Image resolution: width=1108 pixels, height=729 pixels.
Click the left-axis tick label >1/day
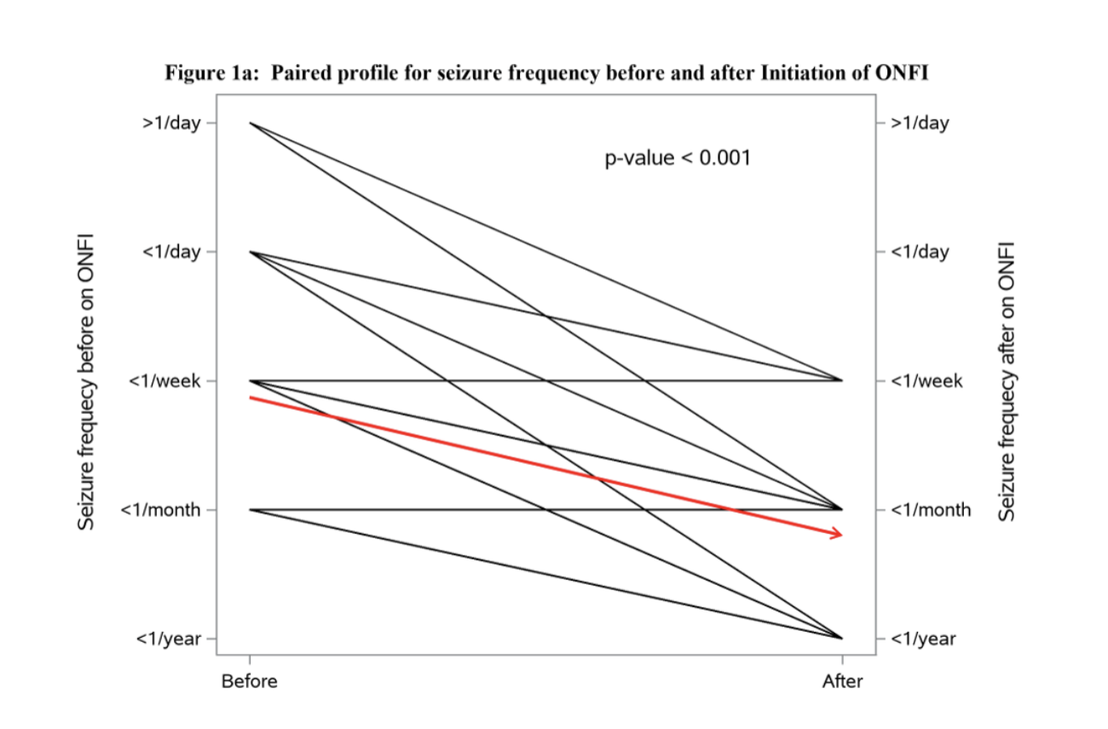click(170, 123)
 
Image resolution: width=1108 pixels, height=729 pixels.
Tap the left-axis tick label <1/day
click(170, 252)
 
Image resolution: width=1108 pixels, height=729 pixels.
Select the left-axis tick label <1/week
click(164, 381)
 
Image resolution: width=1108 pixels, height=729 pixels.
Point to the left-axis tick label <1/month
click(160, 509)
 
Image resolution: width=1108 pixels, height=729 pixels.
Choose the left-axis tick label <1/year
click(169, 639)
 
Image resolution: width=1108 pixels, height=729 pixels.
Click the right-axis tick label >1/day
click(920, 123)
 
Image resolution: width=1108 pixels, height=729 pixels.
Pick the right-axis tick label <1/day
click(920, 252)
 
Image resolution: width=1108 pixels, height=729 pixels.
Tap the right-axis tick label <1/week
click(926, 381)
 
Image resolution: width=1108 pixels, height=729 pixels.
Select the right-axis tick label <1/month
click(931, 509)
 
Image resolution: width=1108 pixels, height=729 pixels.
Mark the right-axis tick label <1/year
click(923, 639)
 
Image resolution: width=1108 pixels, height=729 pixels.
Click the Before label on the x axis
click(249, 681)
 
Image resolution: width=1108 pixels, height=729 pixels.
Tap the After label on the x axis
click(842, 681)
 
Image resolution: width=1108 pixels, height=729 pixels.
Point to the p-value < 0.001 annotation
click(678, 158)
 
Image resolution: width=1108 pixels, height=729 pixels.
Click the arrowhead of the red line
click(838, 534)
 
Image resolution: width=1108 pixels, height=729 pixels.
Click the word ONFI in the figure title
click(902, 73)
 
